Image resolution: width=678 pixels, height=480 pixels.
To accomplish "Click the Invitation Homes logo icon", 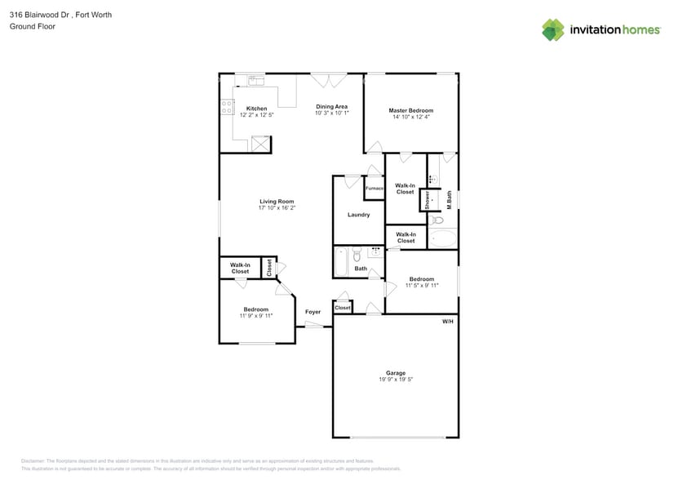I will [553, 29].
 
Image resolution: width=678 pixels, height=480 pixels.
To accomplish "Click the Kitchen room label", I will [256, 109].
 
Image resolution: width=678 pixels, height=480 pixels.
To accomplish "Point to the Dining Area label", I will [332, 106].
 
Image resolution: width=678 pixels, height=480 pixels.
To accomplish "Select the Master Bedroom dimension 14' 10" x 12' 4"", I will [410, 117].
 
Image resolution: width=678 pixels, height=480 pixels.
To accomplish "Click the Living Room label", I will [277, 201].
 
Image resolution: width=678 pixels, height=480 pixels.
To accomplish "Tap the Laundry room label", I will [358, 215].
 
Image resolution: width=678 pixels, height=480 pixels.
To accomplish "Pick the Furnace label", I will [374, 189].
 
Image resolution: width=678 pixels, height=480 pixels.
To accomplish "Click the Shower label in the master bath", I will [427, 201].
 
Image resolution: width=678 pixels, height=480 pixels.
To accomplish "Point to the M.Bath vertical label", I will [450, 201].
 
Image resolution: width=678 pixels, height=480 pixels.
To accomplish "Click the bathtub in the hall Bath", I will [341, 262].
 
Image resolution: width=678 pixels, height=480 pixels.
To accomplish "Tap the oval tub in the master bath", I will [443, 239].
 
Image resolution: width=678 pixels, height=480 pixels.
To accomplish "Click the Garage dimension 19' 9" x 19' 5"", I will [396, 380].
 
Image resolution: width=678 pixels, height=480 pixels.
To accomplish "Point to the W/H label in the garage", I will [447, 322].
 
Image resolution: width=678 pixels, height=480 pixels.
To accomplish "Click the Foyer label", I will [312, 312].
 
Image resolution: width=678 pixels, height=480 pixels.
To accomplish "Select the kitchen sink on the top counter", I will [256, 80].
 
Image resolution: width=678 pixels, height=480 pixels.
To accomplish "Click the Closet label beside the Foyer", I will [343, 308].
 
